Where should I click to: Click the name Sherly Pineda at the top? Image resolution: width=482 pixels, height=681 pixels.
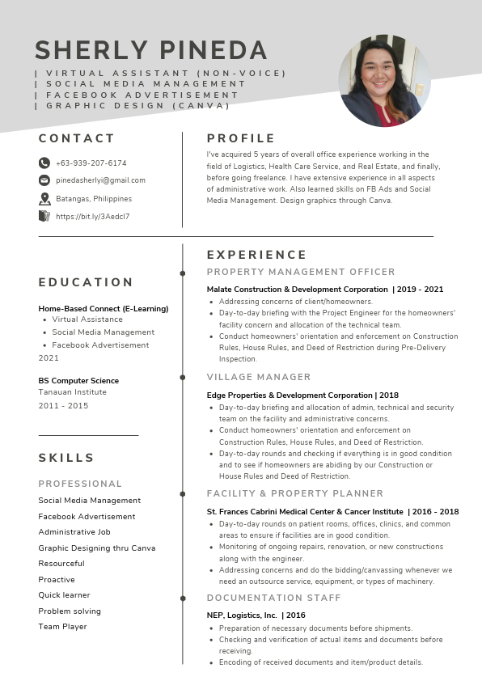[x=151, y=50]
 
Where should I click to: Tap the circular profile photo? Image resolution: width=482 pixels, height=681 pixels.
[x=385, y=81]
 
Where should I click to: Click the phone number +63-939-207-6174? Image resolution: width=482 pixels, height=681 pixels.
[x=91, y=163]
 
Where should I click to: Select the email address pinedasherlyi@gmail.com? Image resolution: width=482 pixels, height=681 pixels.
[x=100, y=180]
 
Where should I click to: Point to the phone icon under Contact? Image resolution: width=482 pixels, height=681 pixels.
[x=44, y=163]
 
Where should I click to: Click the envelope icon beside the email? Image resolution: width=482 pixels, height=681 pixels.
[x=44, y=180]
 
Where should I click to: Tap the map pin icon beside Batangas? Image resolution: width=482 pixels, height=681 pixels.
[x=44, y=198]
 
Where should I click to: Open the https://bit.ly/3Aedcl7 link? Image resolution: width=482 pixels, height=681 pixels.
[x=92, y=217]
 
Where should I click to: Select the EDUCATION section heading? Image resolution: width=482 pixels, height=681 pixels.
[x=86, y=282]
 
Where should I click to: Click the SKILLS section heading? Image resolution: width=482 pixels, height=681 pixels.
[x=66, y=458]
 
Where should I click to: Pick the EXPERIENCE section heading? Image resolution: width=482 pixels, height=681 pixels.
[x=256, y=255]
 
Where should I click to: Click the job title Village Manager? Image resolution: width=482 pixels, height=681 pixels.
[x=259, y=377]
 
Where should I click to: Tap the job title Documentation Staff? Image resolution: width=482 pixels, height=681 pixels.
[x=274, y=598]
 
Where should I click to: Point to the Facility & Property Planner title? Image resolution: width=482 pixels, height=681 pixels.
[x=295, y=493]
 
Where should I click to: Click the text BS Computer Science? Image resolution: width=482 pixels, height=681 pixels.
[x=78, y=380]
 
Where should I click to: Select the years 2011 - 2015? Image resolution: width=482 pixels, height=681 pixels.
[x=63, y=405]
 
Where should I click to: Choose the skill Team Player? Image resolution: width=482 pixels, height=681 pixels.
[x=62, y=627]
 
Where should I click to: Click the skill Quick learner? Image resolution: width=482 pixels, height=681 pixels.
[x=63, y=595]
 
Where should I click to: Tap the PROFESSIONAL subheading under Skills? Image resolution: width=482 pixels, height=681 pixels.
[x=80, y=484]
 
